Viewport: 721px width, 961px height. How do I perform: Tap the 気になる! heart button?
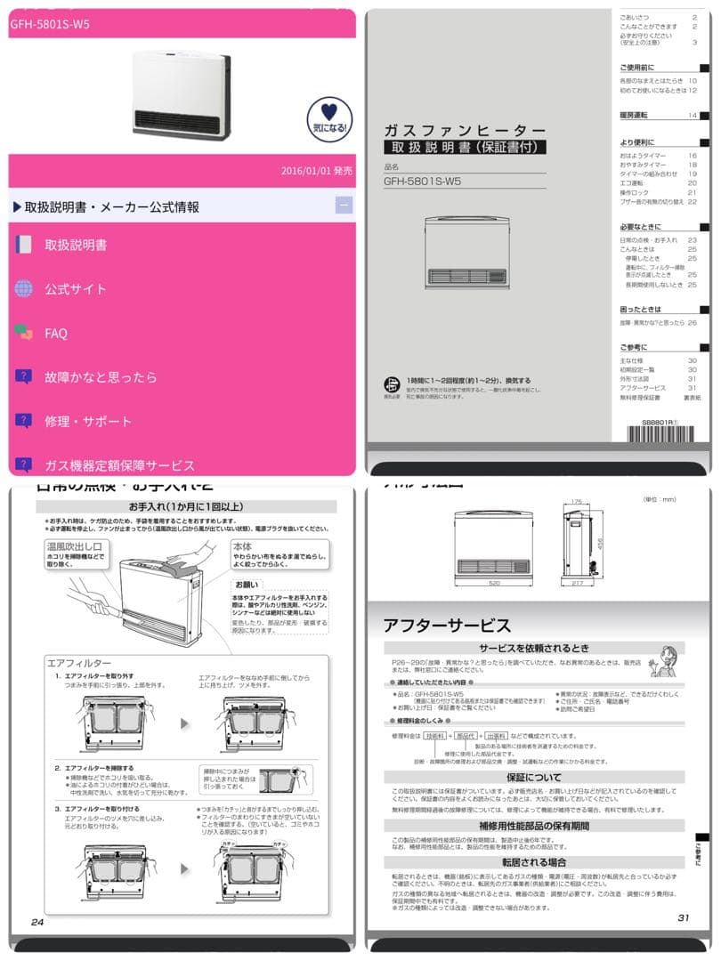(329, 117)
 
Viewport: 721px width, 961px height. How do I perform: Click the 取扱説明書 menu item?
(76, 245)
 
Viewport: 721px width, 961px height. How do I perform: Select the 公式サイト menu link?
(76, 288)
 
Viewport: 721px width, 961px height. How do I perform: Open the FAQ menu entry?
(56, 333)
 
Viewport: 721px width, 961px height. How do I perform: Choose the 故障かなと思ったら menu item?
(101, 376)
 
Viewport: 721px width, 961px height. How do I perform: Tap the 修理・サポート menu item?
(88, 421)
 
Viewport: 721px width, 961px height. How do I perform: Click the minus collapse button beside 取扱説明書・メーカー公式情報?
(344, 206)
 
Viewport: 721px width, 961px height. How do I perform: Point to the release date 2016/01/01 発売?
(316, 170)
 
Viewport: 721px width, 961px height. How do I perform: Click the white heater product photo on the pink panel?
(181, 91)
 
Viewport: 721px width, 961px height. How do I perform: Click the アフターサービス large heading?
(447, 625)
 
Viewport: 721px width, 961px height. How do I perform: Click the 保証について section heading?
(534, 777)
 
